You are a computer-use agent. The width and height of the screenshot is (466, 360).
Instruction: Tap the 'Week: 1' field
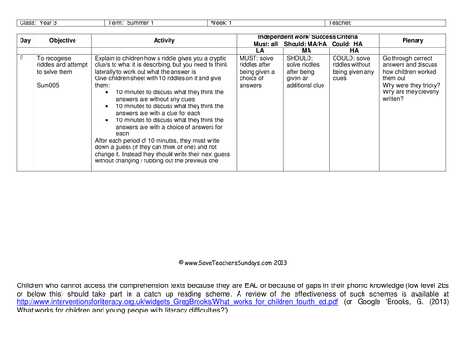click(x=224, y=21)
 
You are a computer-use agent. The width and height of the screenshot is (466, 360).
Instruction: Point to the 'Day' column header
click(x=25, y=42)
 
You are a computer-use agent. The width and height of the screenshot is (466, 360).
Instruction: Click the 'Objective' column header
click(x=62, y=42)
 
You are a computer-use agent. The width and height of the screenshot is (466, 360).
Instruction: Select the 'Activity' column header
click(x=164, y=42)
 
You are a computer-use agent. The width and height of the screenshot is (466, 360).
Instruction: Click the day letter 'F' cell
click(x=21, y=58)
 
